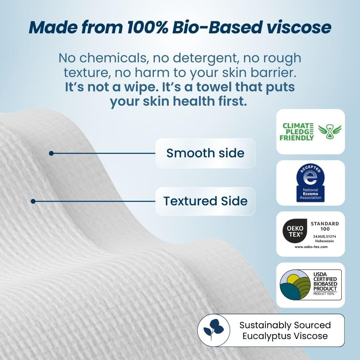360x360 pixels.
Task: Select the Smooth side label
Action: pyautogui.click(x=205, y=153)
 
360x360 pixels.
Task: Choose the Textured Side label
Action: pyautogui.click(x=205, y=201)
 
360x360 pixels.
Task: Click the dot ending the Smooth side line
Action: pyautogui.click(x=51, y=153)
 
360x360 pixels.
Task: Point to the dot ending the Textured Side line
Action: pyautogui.click(x=33, y=201)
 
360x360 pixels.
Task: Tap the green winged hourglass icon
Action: pyautogui.click(x=329, y=131)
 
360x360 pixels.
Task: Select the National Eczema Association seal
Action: pyautogui.click(x=310, y=183)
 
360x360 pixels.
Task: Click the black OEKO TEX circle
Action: pyautogui.click(x=292, y=231)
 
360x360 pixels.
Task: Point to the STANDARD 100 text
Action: pyautogui.click(x=324, y=226)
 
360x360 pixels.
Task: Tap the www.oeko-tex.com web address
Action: pyautogui.click(x=311, y=247)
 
